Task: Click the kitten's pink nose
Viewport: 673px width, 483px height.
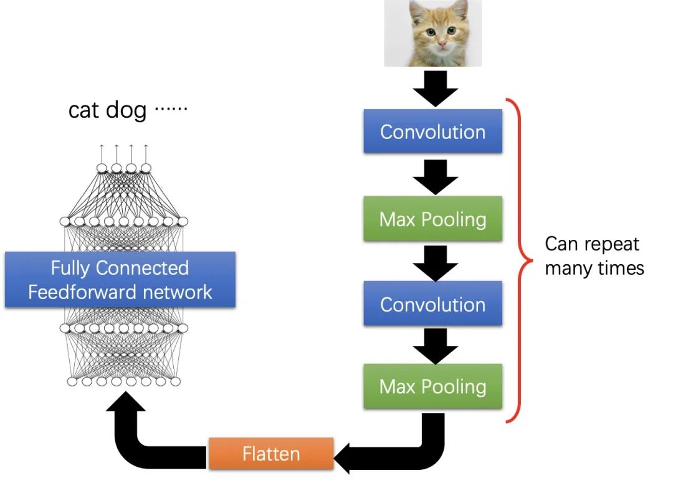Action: pos(442,45)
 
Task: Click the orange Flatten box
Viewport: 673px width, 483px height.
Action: pos(271,453)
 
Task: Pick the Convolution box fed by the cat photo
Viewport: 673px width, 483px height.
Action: pos(432,132)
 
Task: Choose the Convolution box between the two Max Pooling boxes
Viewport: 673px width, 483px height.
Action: pos(432,304)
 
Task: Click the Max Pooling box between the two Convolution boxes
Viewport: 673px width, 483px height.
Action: pos(432,219)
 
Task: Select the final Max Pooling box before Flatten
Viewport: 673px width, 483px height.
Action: pos(432,386)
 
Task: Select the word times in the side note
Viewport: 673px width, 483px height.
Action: pos(620,269)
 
